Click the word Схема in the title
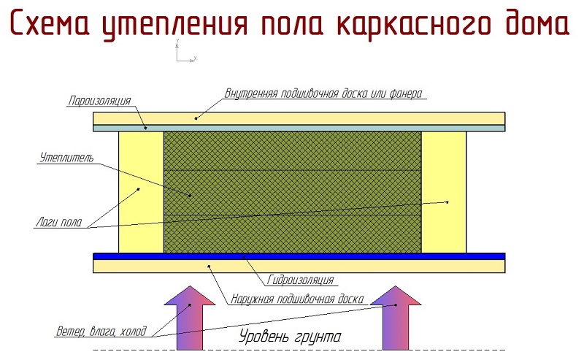click(x=50, y=23)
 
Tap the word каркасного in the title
click(x=414, y=25)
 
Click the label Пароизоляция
click(x=100, y=101)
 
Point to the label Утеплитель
click(x=66, y=158)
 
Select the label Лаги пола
click(x=59, y=223)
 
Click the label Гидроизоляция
click(x=300, y=280)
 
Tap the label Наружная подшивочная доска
click(x=297, y=299)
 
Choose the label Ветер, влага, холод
click(x=101, y=332)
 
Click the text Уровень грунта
click(x=290, y=336)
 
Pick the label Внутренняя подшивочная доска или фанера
click(x=323, y=93)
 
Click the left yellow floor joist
click(x=141, y=192)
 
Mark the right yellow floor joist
click(x=444, y=192)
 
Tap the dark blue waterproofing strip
click(x=299, y=256)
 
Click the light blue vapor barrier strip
click(x=299, y=128)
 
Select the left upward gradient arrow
click(x=190, y=318)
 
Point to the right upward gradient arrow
click(x=396, y=318)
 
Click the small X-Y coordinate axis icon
click(x=185, y=50)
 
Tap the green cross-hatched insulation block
click(x=293, y=192)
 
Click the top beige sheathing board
click(x=299, y=118)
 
